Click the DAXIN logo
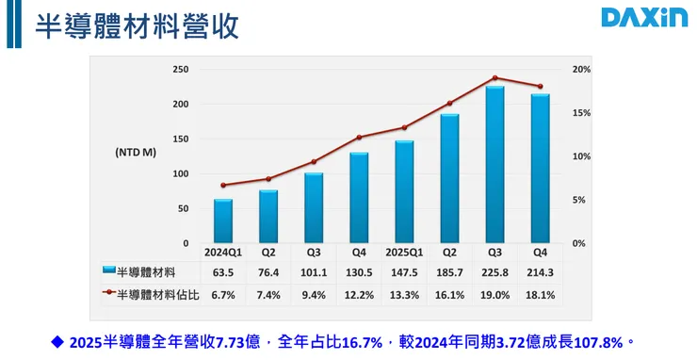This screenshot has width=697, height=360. pos(644,18)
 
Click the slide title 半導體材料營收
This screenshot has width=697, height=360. pos(137,25)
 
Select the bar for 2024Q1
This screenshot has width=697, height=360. pos(222,221)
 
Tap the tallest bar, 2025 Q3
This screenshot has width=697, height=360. pos(494,165)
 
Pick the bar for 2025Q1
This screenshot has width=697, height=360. pos(404,192)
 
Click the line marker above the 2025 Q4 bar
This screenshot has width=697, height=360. pos(540,87)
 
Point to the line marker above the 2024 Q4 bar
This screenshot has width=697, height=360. pos(359,138)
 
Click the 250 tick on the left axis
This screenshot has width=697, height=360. pos(180,70)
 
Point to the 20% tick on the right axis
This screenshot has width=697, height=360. pos(581,70)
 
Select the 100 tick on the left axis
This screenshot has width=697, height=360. pos(180,174)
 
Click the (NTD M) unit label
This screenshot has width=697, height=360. pos(136,152)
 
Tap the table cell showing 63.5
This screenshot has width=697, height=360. pos(223,271)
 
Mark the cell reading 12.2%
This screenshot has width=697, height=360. pos(359,295)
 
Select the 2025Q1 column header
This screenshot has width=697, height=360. pos(404,252)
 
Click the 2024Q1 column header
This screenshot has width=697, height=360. pos(223,252)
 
